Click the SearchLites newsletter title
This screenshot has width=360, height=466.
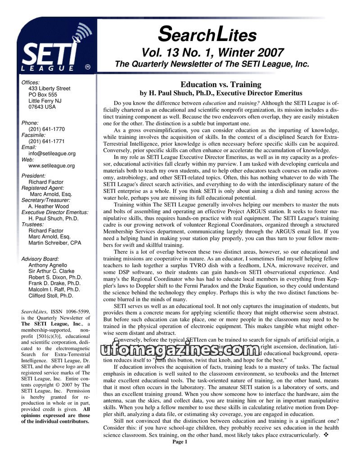208,34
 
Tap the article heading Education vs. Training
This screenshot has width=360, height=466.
220,85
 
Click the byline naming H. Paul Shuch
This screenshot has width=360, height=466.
220,94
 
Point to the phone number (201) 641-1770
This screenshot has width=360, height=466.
46,129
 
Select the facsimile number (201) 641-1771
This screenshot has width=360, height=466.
46,141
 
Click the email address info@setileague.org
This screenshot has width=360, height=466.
52,153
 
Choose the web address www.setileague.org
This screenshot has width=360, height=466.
51,166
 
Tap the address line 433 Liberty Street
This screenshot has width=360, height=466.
49,89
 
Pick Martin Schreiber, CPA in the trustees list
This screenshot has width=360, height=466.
54,243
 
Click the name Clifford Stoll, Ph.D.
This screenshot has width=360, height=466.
50,296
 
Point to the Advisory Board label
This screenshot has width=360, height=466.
40,259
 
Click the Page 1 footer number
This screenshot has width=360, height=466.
180,442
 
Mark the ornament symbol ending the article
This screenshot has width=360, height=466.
326,435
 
